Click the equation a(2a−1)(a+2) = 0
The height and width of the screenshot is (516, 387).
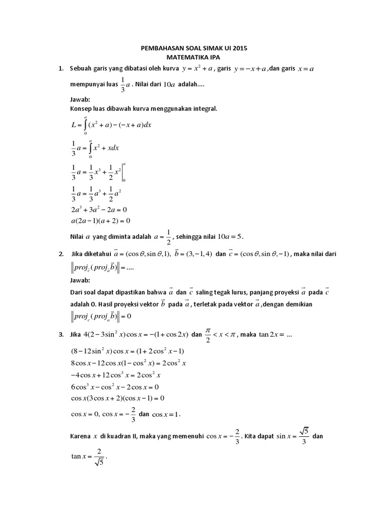(x=101, y=220)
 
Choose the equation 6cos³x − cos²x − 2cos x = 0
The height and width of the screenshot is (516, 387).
(x=115, y=386)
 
